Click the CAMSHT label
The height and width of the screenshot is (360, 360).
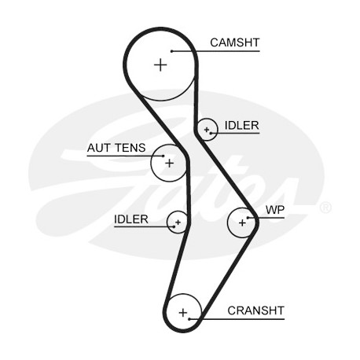tap(234, 42)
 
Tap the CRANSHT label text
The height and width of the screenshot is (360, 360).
tap(255, 310)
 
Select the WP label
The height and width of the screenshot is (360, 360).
tap(275, 210)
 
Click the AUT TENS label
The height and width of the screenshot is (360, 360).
tap(116, 148)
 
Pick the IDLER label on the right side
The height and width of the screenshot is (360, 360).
tap(242, 126)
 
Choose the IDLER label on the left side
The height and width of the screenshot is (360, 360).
tap(131, 219)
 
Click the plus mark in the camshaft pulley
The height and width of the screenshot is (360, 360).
tap(160, 64)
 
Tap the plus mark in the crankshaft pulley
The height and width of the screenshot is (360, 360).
tap(183, 313)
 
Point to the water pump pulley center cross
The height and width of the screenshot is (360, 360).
tap(242, 223)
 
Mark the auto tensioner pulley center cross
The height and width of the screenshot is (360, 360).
tap(170, 163)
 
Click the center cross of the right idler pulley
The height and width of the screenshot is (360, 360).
tap(207, 130)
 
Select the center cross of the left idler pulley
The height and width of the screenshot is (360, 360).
tap(178, 222)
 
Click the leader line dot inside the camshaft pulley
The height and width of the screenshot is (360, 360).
tap(172, 51)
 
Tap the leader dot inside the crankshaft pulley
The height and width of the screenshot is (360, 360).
tap(189, 319)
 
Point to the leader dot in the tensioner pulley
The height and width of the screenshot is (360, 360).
tap(163, 156)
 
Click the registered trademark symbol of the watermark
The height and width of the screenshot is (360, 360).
tap(325, 208)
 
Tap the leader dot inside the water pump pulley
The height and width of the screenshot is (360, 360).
tap(248, 218)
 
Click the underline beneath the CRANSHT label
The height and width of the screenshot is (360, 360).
tap(237, 319)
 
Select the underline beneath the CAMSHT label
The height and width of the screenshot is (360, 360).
tap(215, 51)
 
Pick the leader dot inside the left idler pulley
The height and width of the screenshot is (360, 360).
tap(174, 226)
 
